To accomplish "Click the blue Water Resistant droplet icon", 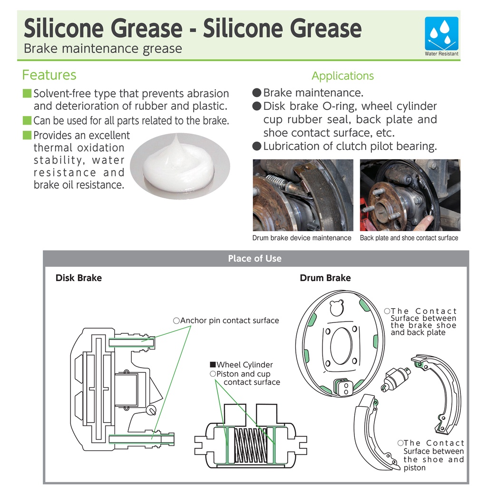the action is point(441,34).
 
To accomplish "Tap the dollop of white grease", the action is point(178,164).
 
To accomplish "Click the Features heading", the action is point(49,75).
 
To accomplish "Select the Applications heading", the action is point(342,76).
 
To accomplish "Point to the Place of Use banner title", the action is point(255,258).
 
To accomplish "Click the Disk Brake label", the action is point(78,278).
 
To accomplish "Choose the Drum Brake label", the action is point(325,278).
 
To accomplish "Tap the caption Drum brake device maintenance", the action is point(302,238).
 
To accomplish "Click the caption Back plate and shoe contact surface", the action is point(409,238).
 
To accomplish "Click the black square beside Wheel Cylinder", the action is point(213,365).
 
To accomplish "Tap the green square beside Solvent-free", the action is point(27,93).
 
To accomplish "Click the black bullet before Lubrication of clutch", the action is point(257,146).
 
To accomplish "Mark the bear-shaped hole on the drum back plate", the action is point(336,308).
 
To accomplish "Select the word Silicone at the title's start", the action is point(64,28).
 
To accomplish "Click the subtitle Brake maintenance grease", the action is point(103,49).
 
